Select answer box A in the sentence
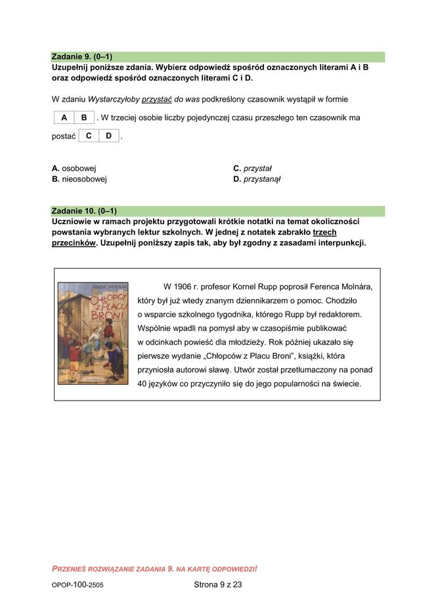coord(64,118)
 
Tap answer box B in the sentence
coord(84,118)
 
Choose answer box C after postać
coord(89,136)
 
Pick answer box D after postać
coord(108,136)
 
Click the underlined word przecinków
coord(74,243)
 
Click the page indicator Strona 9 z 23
coord(218,584)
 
